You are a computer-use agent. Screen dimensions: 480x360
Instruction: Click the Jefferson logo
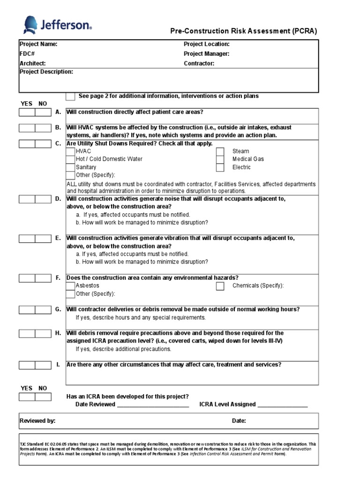[x=57, y=25]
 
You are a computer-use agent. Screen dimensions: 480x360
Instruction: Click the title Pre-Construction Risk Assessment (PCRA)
[x=243, y=31]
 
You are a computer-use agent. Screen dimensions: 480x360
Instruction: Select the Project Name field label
[x=38, y=44]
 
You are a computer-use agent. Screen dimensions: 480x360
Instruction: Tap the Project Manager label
[x=206, y=54]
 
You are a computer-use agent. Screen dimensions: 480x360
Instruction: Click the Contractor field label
[x=199, y=63]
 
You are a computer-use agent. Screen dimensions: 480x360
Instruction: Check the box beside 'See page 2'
[x=70, y=97]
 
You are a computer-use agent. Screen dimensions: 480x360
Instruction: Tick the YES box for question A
[x=27, y=112]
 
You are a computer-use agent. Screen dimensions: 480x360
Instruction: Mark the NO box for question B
[x=43, y=128]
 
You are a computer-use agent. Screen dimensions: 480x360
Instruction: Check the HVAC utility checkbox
[x=70, y=151]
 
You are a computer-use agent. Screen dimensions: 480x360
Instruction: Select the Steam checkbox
[x=220, y=151]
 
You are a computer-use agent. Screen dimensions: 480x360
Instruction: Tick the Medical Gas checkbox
[x=220, y=159]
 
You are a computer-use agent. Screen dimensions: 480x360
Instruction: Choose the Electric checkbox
[x=220, y=167]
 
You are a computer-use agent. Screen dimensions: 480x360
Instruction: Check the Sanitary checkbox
[x=70, y=167]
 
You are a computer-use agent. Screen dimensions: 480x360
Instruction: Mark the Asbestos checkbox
[x=70, y=286]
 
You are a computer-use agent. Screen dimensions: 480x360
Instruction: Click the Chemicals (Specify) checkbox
[x=220, y=286]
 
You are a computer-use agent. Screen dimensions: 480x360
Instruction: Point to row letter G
[x=58, y=309]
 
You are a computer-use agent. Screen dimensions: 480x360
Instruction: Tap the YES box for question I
[x=27, y=365]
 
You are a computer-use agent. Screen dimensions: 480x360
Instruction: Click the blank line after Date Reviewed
[x=153, y=405]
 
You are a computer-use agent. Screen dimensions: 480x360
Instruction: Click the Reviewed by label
[x=37, y=421]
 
